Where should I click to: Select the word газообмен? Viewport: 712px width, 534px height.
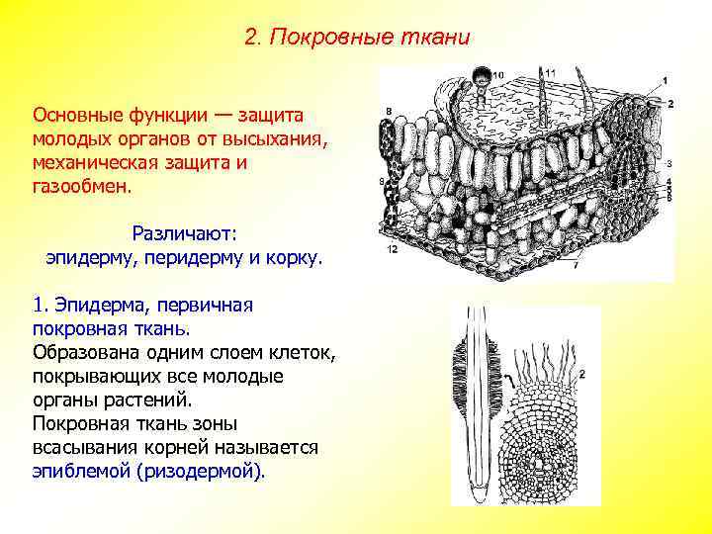85,185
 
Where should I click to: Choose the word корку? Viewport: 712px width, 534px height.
296,257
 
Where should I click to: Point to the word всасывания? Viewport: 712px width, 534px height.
80,448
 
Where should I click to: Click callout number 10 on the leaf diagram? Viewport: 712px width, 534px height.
497,75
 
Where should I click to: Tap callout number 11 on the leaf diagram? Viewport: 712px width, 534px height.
550,72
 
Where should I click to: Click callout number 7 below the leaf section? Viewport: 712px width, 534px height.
576,266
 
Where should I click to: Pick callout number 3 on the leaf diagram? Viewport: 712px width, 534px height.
669,163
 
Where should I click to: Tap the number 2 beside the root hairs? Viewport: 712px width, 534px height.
582,374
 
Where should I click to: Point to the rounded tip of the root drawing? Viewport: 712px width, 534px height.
481,491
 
